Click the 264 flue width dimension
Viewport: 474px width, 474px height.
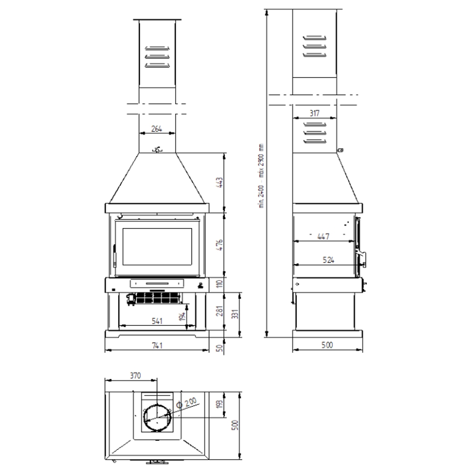point(157,129)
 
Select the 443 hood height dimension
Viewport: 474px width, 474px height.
point(220,182)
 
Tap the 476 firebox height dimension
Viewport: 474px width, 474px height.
point(220,245)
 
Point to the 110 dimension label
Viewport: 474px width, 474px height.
point(220,283)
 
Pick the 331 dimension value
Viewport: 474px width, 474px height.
point(236,315)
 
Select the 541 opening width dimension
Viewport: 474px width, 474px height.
point(157,321)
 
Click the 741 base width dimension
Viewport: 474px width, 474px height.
point(157,346)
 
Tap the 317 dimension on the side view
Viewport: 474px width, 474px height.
point(314,113)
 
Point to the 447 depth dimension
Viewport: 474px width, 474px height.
point(323,237)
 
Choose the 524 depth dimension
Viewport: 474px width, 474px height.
point(328,260)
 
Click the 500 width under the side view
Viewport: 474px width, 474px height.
point(327,345)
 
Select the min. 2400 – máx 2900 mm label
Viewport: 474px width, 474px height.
point(261,175)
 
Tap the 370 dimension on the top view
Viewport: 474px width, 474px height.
point(135,376)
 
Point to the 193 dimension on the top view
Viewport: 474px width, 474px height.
point(220,404)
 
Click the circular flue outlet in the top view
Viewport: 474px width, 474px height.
point(157,418)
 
